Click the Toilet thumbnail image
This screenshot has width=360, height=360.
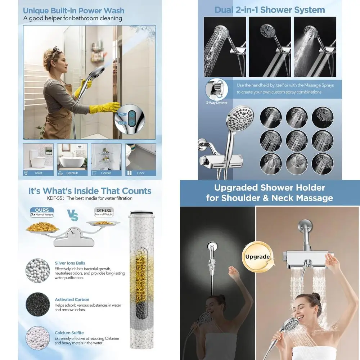click(x=38, y=157)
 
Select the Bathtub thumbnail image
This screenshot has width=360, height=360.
click(x=72, y=157)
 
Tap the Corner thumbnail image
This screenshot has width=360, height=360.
click(x=106, y=157)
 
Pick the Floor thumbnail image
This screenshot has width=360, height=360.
click(x=140, y=157)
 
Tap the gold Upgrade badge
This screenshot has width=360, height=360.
click(x=257, y=257)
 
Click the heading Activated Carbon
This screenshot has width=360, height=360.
click(x=72, y=300)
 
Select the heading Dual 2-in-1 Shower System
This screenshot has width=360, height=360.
click(x=269, y=10)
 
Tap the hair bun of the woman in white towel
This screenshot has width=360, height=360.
click(x=316, y=297)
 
